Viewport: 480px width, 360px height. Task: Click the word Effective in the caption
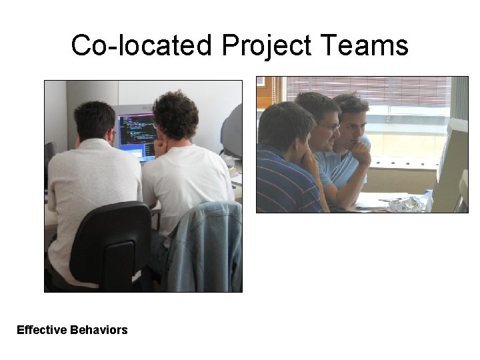point(41,330)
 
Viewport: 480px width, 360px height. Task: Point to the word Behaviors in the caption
point(98,330)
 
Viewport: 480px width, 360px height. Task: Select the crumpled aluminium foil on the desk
point(406,204)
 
